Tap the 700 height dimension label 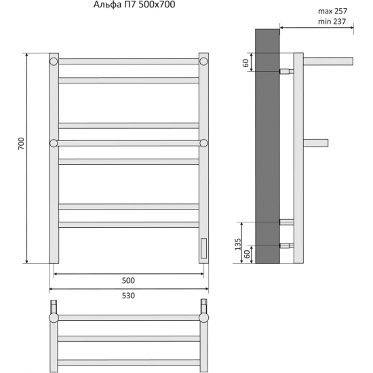pos(21,143)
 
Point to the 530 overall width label pos(129,295)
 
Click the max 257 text pos(330,12)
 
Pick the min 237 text pos(330,22)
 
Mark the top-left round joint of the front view pos(54,61)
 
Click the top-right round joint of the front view pos(203,61)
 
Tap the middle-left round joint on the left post pos(54,142)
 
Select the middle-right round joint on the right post pos(203,142)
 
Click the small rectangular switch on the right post pos(203,248)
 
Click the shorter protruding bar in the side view pos(316,142)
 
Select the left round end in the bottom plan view pos(54,317)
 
